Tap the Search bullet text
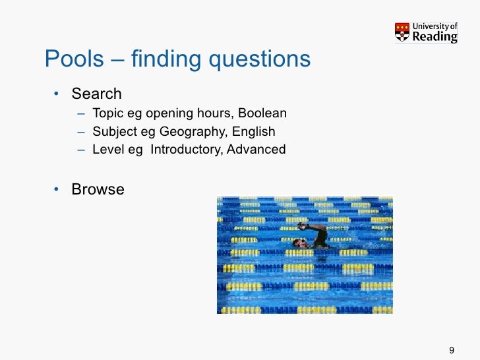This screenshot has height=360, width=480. click(96, 94)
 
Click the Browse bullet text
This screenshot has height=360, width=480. click(98, 189)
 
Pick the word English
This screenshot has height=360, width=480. click(258, 131)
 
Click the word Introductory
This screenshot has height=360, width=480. click(187, 150)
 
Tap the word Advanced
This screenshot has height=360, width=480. click(256, 150)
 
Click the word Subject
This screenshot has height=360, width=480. click(114, 131)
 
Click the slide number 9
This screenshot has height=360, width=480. click(452, 349)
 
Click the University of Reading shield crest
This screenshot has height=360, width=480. click(402, 32)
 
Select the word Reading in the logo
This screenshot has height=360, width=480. click(435, 37)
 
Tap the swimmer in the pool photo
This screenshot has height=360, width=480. click(313, 237)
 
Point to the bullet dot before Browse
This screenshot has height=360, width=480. click(57, 190)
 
